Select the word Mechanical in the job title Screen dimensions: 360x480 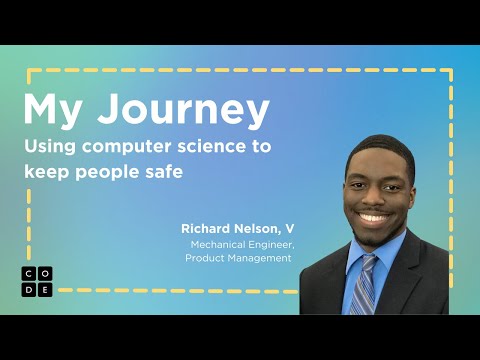tap(221, 243)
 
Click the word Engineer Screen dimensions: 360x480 tap(272, 243)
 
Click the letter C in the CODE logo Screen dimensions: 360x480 tap(28, 273)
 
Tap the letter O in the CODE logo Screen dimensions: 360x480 tap(44, 273)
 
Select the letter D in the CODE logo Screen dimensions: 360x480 tap(28, 289)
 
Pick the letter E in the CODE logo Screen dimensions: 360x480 tap(44, 289)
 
